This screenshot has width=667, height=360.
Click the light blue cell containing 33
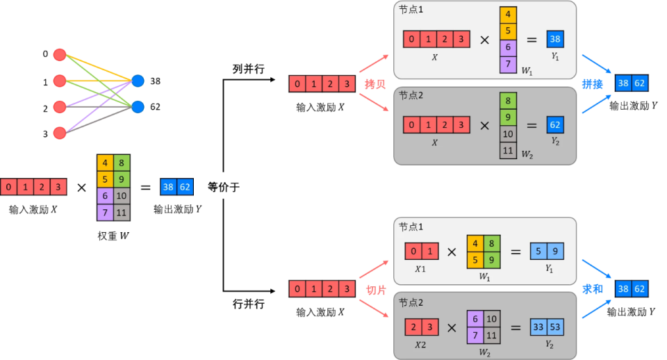click(538, 325)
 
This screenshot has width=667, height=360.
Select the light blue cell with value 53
click(555, 325)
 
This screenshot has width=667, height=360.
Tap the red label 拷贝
click(375, 84)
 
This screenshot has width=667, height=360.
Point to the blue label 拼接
click(593, 84)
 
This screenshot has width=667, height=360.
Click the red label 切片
click(375, 290)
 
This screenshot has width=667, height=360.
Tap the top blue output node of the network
click(138, 81)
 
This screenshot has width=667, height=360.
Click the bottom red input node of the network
click(60, 133)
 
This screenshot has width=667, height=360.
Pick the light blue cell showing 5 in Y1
click(538, 251)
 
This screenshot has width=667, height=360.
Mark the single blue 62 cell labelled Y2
click(555, 125)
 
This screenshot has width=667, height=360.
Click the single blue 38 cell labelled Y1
click(555, 40)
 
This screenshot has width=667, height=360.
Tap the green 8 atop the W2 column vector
click(508, 100)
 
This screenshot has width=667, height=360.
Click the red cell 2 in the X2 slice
click(414, 325)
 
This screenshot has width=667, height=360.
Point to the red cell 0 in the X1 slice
click(414, 251)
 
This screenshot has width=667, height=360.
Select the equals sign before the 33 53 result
click(516, 325)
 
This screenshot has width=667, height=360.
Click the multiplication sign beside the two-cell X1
click(452, 252)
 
